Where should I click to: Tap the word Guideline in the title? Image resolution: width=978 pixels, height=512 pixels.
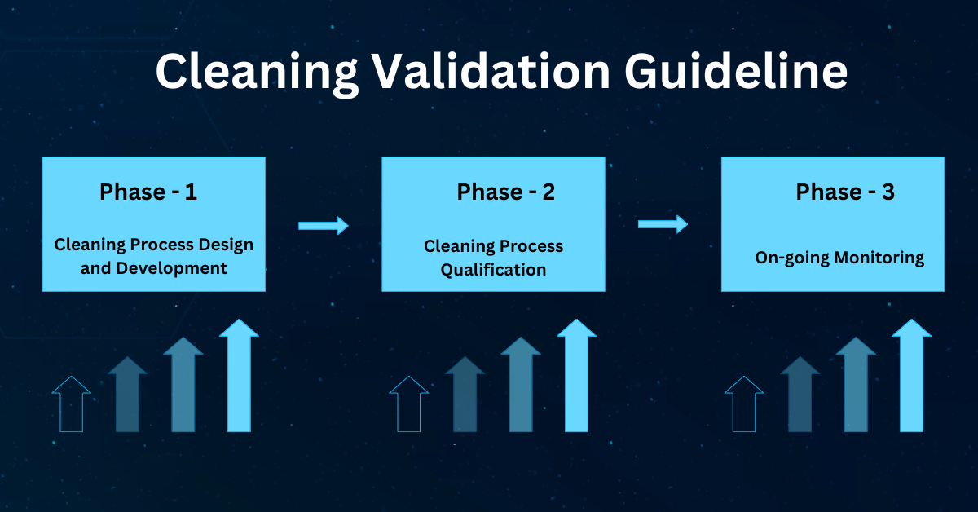pos(736,71)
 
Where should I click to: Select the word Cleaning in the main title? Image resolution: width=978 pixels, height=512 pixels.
pos(257,73)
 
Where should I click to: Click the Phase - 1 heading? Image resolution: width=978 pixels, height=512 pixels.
pos(148,192)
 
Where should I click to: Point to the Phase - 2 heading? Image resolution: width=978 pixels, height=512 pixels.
pos(505,192)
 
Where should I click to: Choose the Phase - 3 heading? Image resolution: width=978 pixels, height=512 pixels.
pos(845,192)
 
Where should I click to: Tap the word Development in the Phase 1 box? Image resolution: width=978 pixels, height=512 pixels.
pos(171,269)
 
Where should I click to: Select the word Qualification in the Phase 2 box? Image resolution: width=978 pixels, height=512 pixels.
pos(493,271)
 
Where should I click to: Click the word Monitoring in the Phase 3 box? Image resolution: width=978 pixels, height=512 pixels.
pos(879,258)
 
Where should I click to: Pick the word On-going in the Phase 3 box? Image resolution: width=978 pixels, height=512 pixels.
pos(792,258)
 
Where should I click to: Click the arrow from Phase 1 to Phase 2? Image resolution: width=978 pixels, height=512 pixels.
pos(324,225)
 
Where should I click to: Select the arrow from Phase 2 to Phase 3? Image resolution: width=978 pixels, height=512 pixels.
pos(663,224)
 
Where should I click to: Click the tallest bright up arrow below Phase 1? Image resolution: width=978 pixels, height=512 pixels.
pos(239,375)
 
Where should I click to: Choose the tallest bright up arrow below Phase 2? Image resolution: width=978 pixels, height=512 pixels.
pos(576,375)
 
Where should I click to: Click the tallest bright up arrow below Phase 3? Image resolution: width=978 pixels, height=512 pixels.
pos(912,375)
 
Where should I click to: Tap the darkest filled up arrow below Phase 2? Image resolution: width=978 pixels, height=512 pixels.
pos(465,394)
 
